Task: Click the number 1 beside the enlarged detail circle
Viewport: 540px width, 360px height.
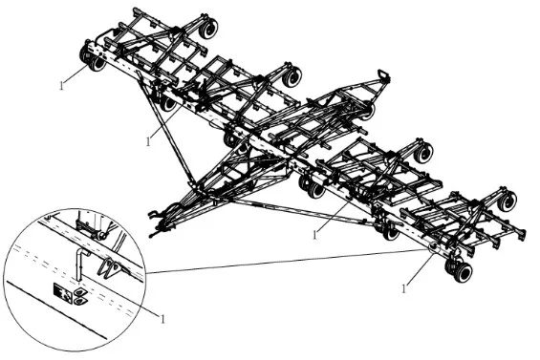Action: click(163, 318)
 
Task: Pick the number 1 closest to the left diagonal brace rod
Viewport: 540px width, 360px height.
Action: click(149, 140)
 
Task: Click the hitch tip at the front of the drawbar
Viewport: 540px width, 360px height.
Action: click(153, 233)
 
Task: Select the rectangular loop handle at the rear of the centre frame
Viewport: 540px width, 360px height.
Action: click(385, 75)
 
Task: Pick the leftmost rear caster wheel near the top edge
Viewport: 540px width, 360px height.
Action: click(205, 31)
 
